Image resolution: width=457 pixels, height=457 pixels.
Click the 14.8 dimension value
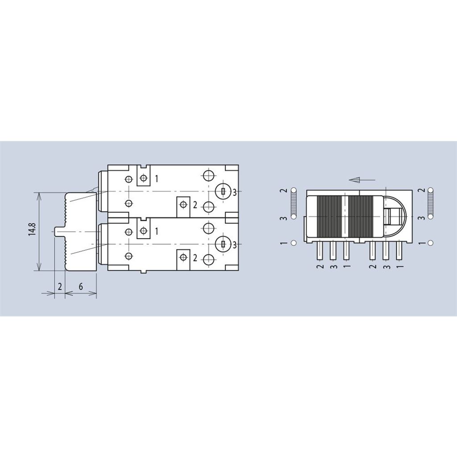click(32, 229)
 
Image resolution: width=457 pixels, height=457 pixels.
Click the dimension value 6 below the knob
click(81, 287)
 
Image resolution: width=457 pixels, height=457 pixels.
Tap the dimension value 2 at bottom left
click(60, 287)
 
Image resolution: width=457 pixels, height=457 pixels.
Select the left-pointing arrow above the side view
click(362, 180)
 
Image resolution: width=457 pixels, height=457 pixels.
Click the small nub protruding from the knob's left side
click(59, 231)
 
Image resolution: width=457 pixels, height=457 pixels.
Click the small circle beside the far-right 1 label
click(431, 242)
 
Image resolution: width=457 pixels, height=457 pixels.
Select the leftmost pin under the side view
click(320, 251)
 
